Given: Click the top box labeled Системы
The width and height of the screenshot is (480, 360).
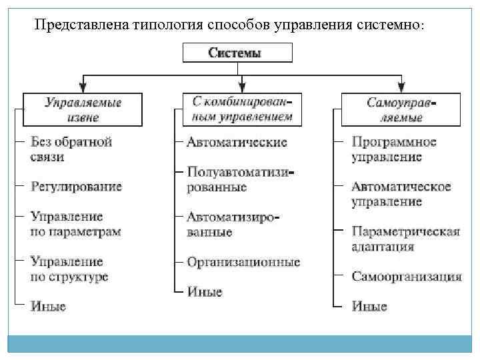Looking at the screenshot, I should coord(238,53).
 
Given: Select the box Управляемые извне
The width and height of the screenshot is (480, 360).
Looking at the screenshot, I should coord(82,109).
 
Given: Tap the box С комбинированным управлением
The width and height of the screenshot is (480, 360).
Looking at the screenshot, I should coord(243,109).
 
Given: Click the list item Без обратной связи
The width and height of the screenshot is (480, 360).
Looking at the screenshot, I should coord(71,149).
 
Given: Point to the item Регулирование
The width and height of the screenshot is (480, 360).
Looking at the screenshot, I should coord(76,186).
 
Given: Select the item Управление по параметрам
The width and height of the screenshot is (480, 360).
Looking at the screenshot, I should coord(75,224).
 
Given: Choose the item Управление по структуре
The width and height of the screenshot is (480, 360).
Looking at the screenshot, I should coord(69,269).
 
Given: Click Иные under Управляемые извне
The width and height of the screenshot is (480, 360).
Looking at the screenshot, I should coord(49,306).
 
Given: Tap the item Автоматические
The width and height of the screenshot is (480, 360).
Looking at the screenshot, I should coord(237,142).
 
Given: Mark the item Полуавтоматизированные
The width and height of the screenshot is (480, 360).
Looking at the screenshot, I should coord(240,179).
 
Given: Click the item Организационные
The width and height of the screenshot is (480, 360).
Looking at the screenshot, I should coord(243,262).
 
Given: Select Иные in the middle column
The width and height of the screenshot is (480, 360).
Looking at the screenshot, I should coord(205,291).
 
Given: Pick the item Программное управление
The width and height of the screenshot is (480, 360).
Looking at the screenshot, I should coord(394,149).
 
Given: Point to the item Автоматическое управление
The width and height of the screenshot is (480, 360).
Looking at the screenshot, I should coord(401,194).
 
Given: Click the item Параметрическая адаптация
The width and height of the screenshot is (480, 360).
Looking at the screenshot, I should coord(405,239).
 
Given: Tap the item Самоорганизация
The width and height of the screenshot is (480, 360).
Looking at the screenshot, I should coord(407,276).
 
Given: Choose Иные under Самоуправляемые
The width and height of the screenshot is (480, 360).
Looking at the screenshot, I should coord(369,307).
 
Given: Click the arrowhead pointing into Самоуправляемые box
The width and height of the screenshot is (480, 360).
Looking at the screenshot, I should coord(401,87).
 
